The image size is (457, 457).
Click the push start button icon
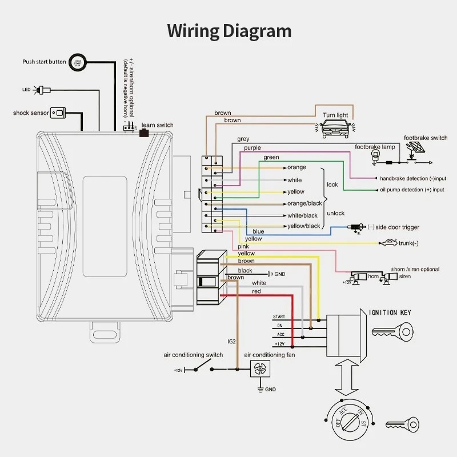tap(78, 62)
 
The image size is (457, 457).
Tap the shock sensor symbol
tap(58, 113)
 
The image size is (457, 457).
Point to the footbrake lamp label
tap(375, 147)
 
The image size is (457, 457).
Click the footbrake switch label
tap(426, 138)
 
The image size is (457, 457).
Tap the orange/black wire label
tap(304, 204)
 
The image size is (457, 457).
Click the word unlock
tap(335, 213)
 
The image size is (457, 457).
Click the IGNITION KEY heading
tap(390, 312)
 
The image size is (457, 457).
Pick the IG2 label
tap(231, 342)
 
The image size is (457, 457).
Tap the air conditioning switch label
tap(193, 355)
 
